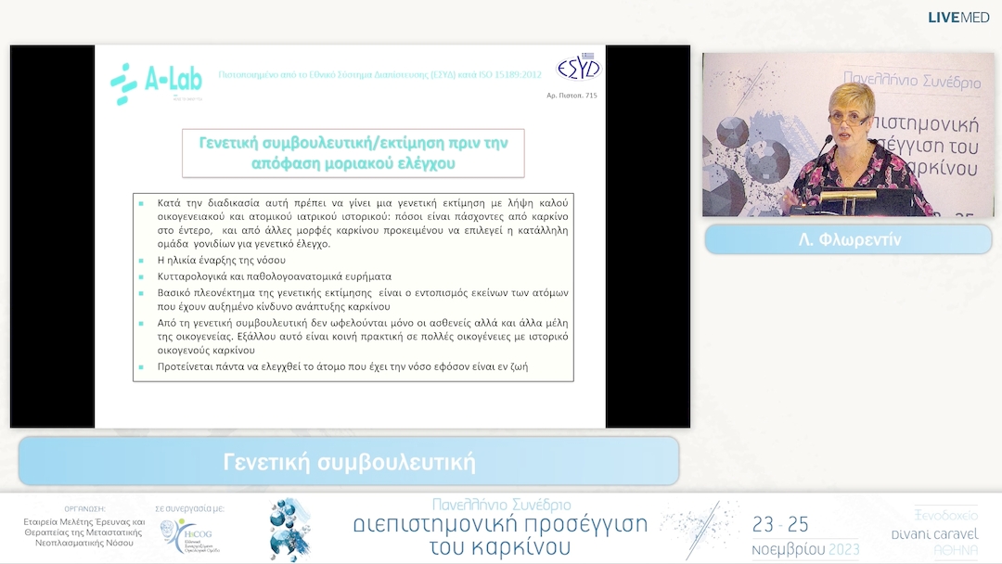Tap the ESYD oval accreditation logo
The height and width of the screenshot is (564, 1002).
tap(578, 68)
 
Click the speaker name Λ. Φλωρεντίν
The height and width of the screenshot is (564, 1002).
tap(849, 239)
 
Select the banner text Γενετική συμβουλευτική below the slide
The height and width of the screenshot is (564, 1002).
tap(349, 462)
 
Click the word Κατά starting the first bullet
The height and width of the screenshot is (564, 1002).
tap(169, 202)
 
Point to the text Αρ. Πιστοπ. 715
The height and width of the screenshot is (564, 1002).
tap(572, 96)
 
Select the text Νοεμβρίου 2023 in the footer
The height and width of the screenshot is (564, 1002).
tap(805, 548)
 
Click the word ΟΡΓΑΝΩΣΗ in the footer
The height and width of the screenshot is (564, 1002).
tap(84, 508)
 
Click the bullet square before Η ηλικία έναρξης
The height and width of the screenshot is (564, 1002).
tap(141, 261)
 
